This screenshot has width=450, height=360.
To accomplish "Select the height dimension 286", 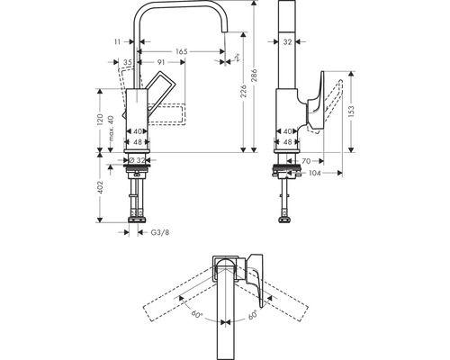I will (256, 77).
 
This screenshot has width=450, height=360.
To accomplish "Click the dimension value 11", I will (118, 42).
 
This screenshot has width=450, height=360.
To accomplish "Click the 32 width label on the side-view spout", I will (286, 40).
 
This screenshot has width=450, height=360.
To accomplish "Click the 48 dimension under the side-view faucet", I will (286, 142).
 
